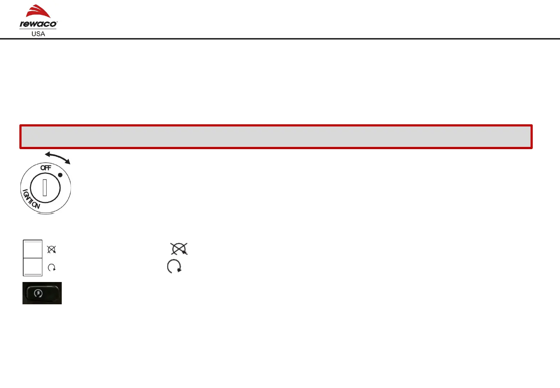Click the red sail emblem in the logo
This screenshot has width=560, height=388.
tap(38, 12)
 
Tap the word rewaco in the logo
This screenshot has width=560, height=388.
tap(37, 24)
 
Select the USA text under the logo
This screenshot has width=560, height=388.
tap(38, 34)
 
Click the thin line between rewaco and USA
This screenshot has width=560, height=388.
tap(38, 29)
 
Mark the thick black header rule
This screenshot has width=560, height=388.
tap(280, 38)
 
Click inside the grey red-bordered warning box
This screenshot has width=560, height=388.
tap(276, 137)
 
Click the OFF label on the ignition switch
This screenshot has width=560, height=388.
tap(46, 168)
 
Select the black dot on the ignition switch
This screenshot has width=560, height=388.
tap(60, 175)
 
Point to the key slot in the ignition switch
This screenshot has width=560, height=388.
tap(45, 187)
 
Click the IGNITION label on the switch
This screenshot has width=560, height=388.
tap(31, 200)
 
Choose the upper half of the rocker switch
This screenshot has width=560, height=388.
tap(33, 249)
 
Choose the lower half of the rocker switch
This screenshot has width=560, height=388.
tap(33, 267)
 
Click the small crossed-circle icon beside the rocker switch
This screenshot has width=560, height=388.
tap(52, 249)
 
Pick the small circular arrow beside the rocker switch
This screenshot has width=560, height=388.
tap(52, 268)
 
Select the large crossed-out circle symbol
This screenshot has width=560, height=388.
tap(179, 249)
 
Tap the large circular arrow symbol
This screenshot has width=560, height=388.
tap(174, 267)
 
